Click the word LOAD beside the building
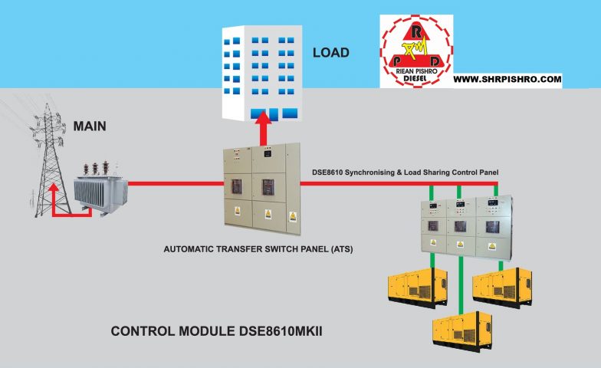click(330, 53)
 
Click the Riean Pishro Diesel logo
click(416, 51)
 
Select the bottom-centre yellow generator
click(461, 328)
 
